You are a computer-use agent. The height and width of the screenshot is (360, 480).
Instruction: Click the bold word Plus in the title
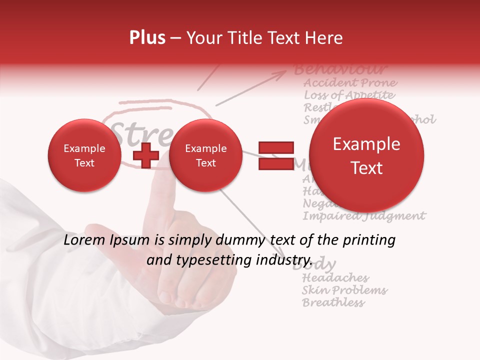tap(147, 38)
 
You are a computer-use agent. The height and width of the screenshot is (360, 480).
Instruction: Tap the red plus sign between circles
tap(146, 156)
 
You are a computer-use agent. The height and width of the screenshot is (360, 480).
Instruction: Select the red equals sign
tap(275, 155)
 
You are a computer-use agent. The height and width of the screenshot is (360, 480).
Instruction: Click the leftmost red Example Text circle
tap(84, 155)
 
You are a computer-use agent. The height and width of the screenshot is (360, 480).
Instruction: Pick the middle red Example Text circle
tap(205, 155)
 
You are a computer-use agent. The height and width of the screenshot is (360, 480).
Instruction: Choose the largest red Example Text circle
tap(366, 155)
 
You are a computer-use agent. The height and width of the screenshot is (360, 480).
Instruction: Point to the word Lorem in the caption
tap(82, 240)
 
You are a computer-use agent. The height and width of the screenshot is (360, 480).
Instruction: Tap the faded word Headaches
tap(335, 278)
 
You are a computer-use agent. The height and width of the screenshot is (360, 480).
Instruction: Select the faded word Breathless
tap(333, 302)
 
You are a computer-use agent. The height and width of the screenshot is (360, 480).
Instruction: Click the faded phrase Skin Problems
tap(344, 290)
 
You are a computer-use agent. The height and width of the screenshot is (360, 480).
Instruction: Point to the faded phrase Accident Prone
tap(350, 82)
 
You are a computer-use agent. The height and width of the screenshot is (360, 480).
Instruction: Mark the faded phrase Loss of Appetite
tap(349, 95)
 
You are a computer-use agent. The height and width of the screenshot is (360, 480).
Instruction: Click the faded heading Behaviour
tap(340, 69)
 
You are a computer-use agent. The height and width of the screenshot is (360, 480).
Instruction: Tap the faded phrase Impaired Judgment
tap(364, 216)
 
